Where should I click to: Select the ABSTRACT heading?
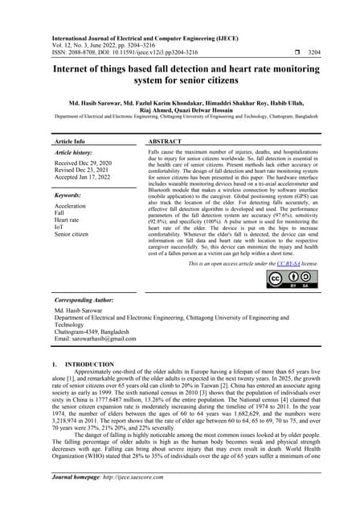click(x=170, y=140)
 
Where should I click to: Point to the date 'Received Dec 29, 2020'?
click(x=85, y=163)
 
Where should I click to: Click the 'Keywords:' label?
click(x=70, y=195)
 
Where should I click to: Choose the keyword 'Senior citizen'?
click(x=76, y=234)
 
